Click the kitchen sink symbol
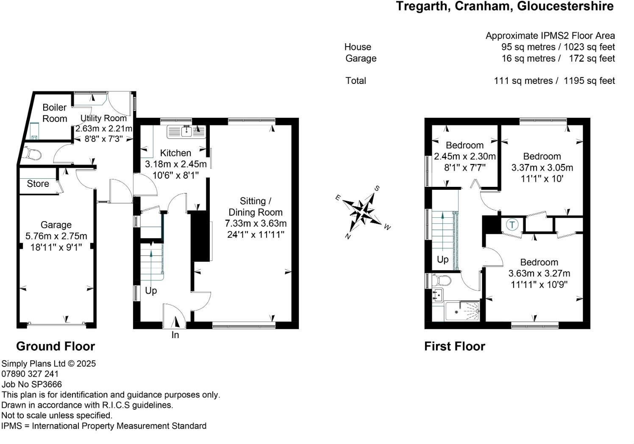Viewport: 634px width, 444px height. point(186,132)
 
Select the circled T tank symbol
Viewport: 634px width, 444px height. point(512,224)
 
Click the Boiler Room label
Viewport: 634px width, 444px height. point(54,113)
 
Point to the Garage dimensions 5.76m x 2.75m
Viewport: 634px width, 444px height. point(56,236)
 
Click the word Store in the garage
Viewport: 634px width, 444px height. point(38,183)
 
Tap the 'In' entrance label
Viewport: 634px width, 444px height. point(175,335)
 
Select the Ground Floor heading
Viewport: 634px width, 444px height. point(56,346)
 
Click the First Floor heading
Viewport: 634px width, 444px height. point(454,346)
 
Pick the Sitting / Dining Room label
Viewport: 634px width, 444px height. point(255,206)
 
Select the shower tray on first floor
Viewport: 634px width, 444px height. point(462,311)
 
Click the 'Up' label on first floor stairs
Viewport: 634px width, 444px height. point(442,259)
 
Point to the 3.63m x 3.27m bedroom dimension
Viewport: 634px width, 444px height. point(539,273)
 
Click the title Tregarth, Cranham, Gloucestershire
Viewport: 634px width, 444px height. point(504,6)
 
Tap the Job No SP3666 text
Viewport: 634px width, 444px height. point(32,384)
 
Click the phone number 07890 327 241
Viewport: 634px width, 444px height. point(30,374)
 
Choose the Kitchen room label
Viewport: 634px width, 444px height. point(175,153)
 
